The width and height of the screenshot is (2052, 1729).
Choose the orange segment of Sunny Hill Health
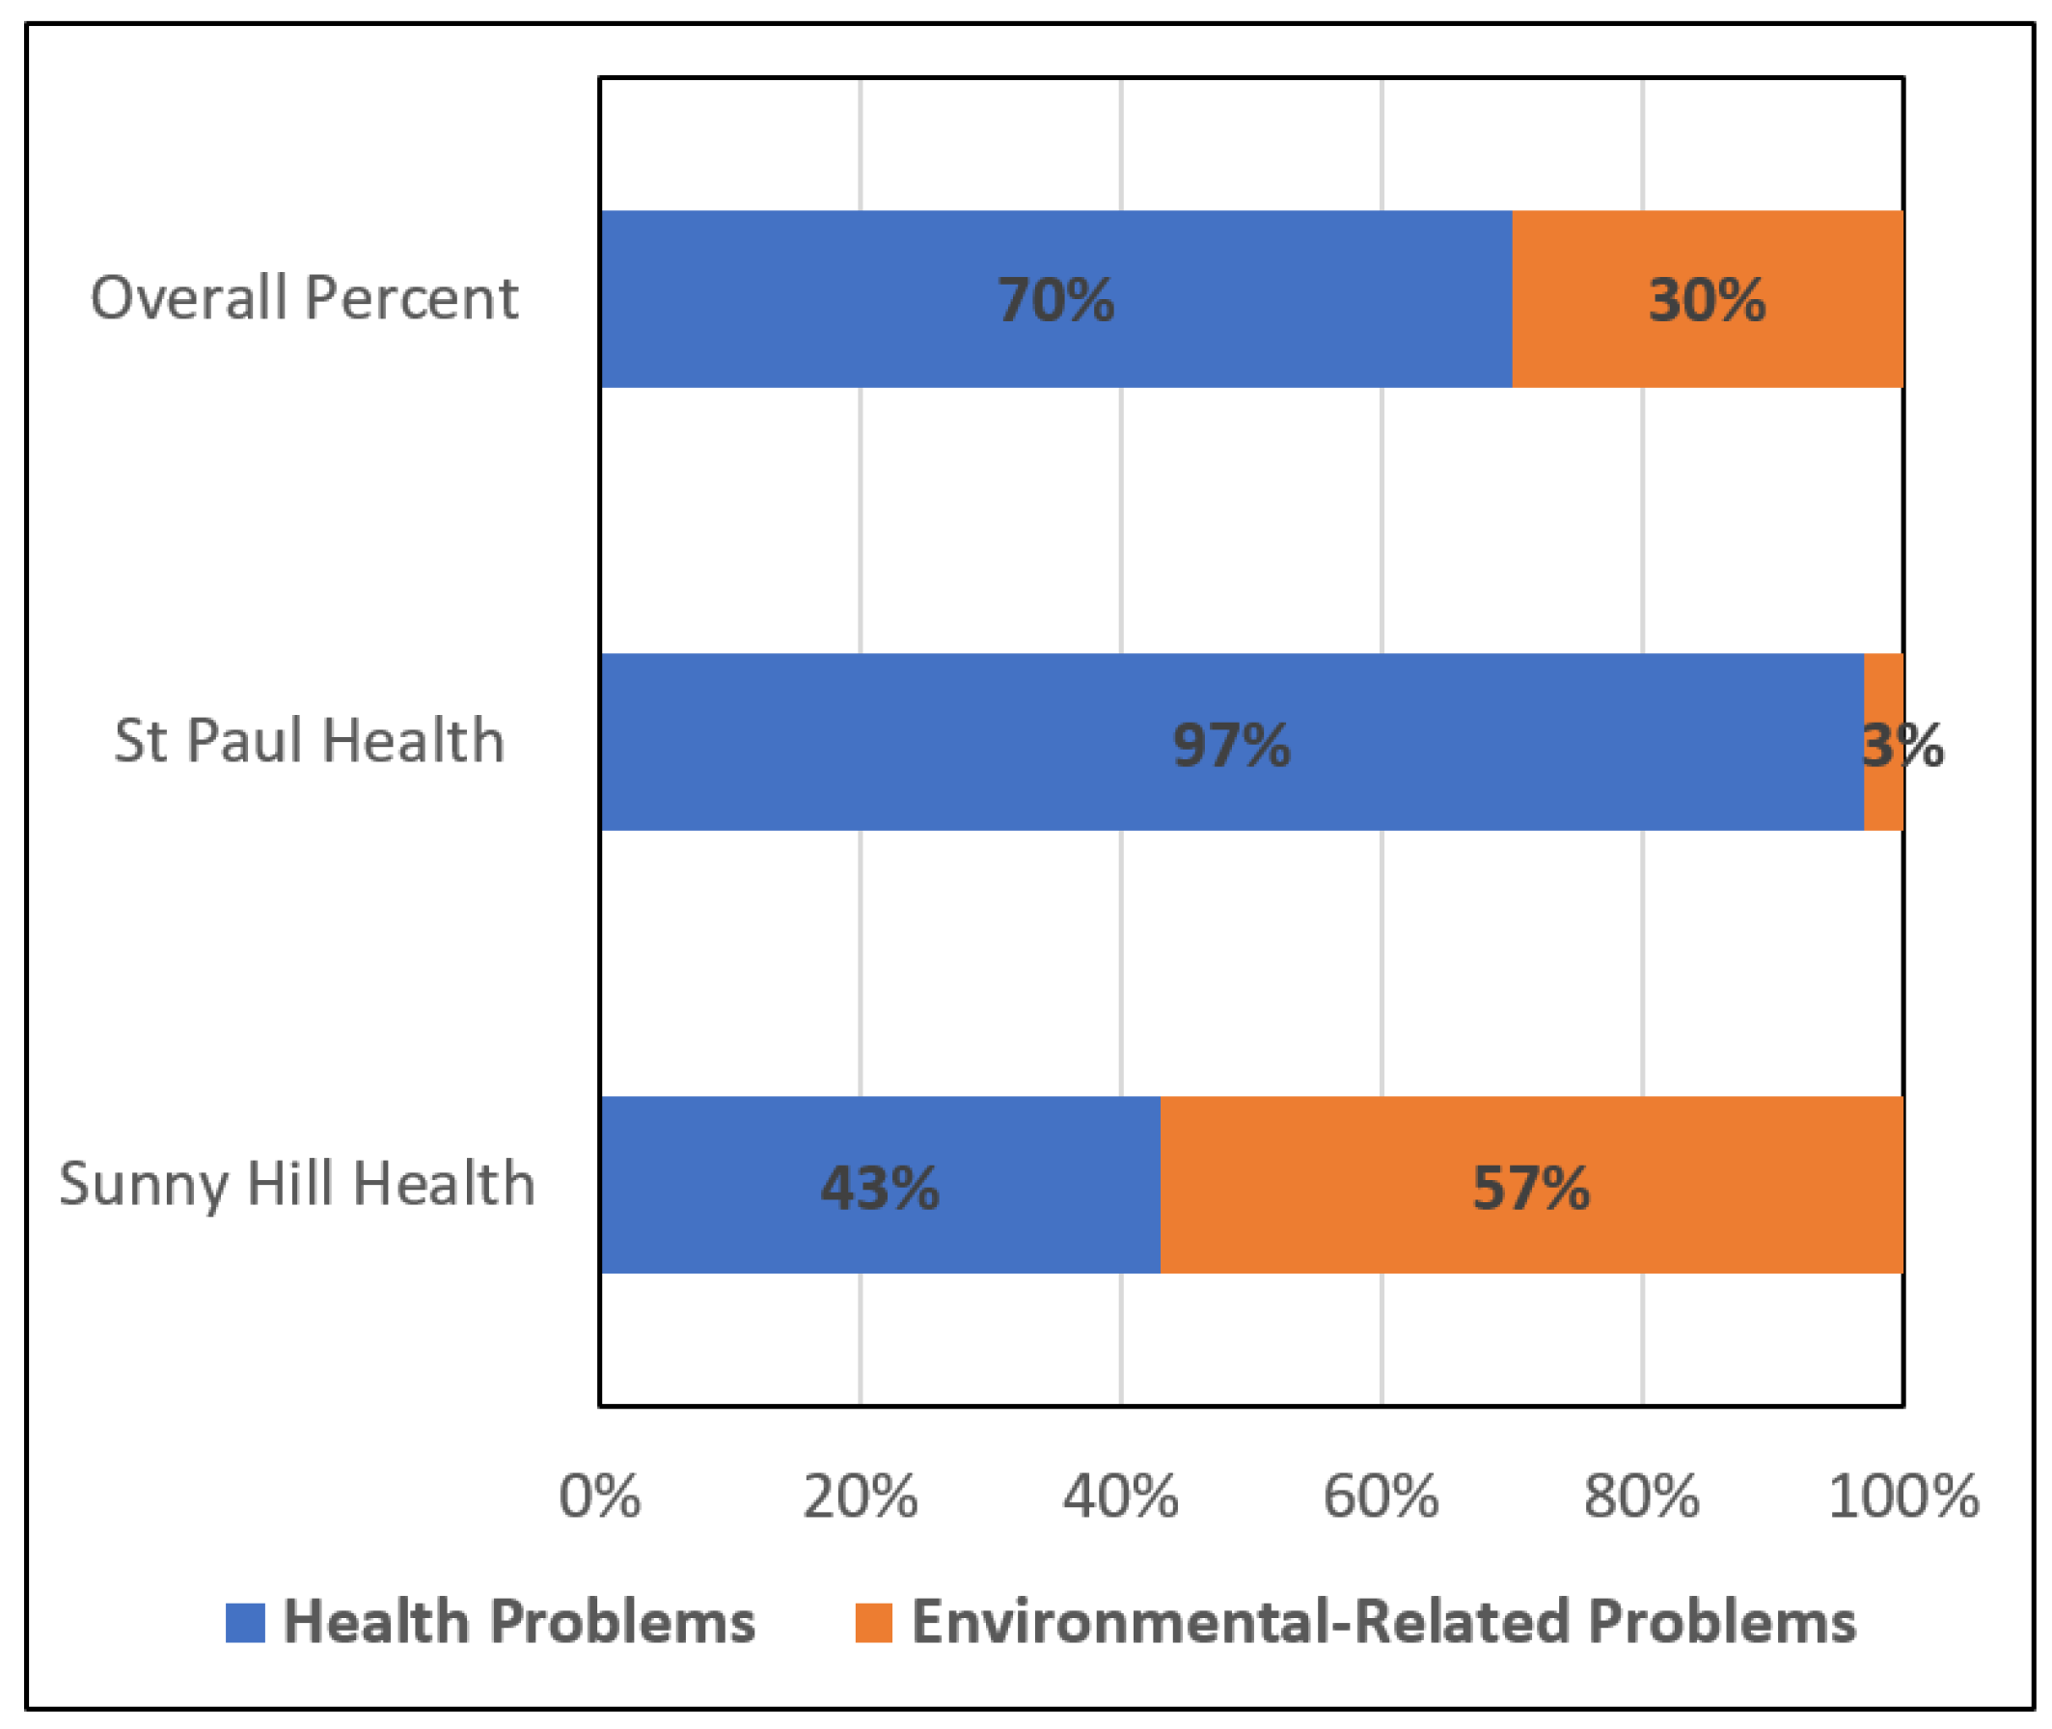click(1372, 1186)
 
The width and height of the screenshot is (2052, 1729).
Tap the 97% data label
click(1232, 744)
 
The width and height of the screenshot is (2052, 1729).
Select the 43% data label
click(879, 1188)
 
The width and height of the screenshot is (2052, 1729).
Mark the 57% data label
click(1531, 1188)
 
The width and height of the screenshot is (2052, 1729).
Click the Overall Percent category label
click(304, 297)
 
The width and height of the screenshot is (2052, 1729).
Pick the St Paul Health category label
click(309, 740)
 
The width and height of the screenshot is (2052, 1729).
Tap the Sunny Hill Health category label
click(297, 1183)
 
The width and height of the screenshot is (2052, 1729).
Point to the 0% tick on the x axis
click(600, 1496)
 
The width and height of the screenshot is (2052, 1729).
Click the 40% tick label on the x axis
click(1121, 1496)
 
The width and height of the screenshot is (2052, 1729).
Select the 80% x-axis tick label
click(1642, 1496)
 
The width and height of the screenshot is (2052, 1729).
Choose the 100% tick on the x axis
click(1903, 1496)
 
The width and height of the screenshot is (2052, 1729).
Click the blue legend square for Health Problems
click(245, 1622)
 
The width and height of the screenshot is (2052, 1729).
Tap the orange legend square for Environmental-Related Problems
click(873, 1622)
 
